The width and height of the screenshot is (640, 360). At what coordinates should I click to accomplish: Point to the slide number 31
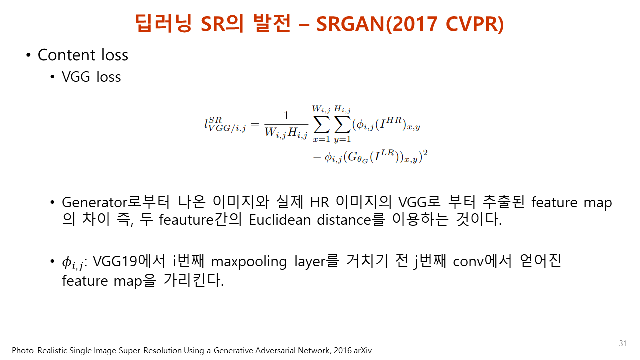(623, 343)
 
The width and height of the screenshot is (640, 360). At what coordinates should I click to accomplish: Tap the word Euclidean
(280, 220)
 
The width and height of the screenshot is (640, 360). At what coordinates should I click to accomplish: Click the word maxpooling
(249, 262)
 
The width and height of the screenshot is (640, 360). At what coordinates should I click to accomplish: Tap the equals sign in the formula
(255, 125)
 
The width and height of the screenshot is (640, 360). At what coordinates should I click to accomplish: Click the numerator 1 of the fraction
(286, 115)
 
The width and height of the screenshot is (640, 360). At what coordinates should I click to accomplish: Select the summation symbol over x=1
(321, 125)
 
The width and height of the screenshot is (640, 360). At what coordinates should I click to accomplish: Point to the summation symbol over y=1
(342, 125)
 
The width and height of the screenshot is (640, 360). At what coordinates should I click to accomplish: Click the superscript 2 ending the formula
(425, 153)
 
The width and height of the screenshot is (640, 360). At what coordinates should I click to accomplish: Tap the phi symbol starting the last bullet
(67, 262)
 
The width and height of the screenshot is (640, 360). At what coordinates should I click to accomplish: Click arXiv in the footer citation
(363, 350)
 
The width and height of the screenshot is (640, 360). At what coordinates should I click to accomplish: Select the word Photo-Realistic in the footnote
(40, 350)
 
